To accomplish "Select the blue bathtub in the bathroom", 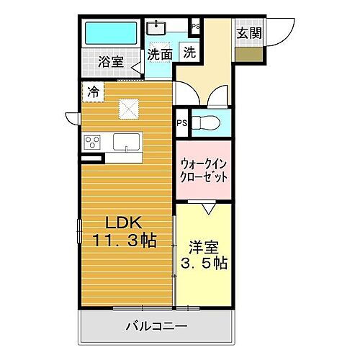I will point(111,34).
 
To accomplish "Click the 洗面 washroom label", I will point(159,53).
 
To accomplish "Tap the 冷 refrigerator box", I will point(94,91).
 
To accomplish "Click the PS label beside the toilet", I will point(181,122).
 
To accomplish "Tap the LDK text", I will point(120,222).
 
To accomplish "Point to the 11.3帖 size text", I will point(124,239).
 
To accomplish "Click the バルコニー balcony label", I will point(158,326).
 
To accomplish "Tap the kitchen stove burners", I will point(93,140).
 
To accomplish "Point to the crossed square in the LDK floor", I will point(130,109).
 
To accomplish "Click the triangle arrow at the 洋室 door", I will point(209,209).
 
